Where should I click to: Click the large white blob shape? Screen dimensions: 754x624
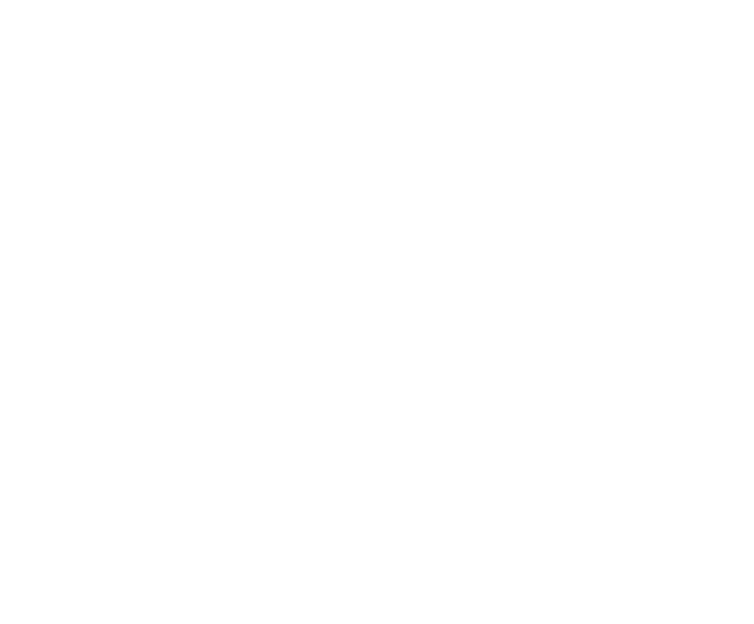[x=494, y=136]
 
